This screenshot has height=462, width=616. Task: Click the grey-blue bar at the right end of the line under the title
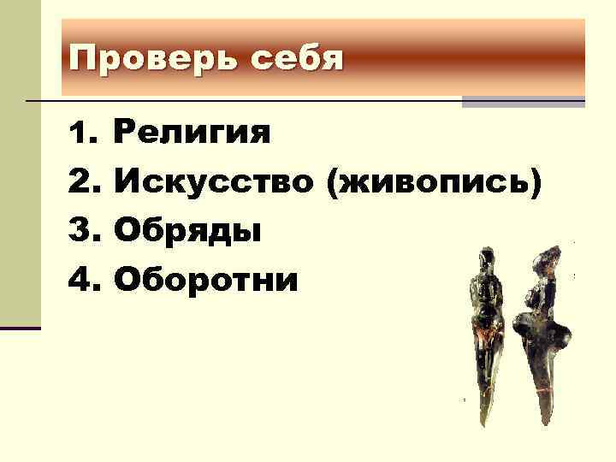click(523, 102)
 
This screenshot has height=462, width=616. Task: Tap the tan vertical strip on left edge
click(20, 171)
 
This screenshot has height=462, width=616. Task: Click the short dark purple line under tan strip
click(20, 328)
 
